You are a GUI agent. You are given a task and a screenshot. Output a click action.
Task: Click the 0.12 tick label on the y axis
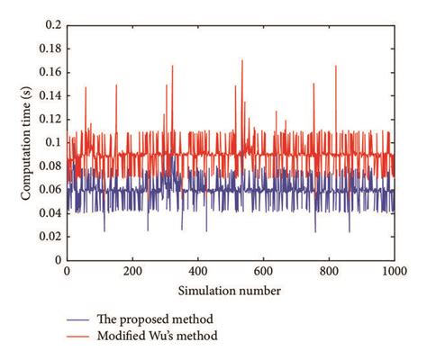(49, 121)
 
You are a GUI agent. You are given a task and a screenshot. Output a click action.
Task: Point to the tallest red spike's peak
(242, 60)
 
